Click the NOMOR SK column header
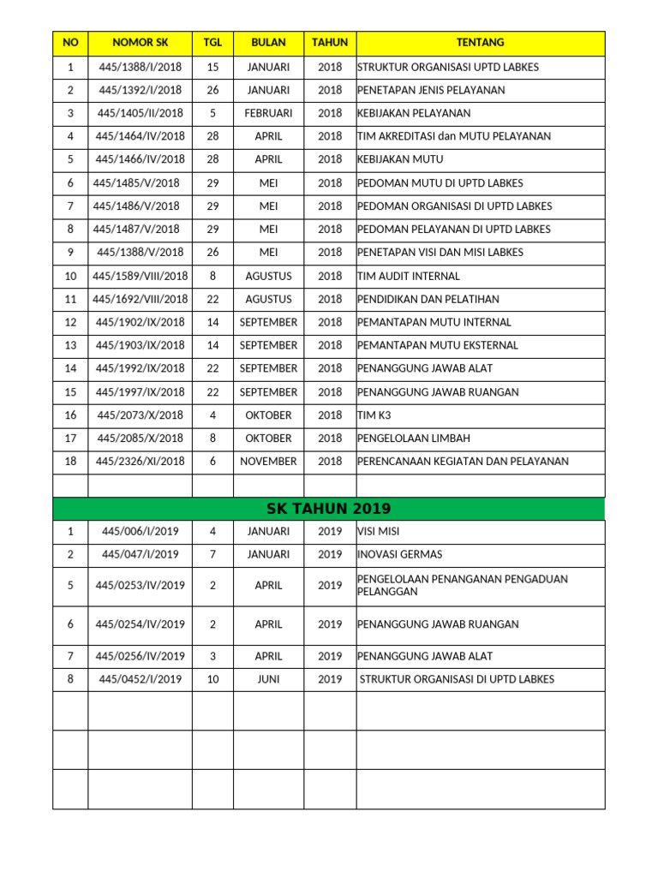click(x=140, y=43)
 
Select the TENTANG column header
click(x=480, y=43)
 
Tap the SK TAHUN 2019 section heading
click(x=329, y=509)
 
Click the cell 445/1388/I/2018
click(x=140, y=67)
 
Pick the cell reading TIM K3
click(x=374, y=415)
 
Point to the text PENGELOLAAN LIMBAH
click(x=414, y=438)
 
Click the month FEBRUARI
click(x=268, y=113)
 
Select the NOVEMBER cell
click(x=268, y=461)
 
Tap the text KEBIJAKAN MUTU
click(x=400, y=159)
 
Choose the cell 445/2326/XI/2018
click(x=140, y=461)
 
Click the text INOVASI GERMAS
click(x=400, y=554)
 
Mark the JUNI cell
click(x=268, y=679)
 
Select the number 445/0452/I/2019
click(x=140, y=679)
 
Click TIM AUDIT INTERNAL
click(x=409, y=276)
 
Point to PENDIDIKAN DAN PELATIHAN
click(x=428, y=299)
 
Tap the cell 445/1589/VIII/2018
click(x=140, y=276)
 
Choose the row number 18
click(x=70, y=461)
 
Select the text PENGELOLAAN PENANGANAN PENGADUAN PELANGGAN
click(x=463, y=585)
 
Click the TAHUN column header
click(x=330, y=43)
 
